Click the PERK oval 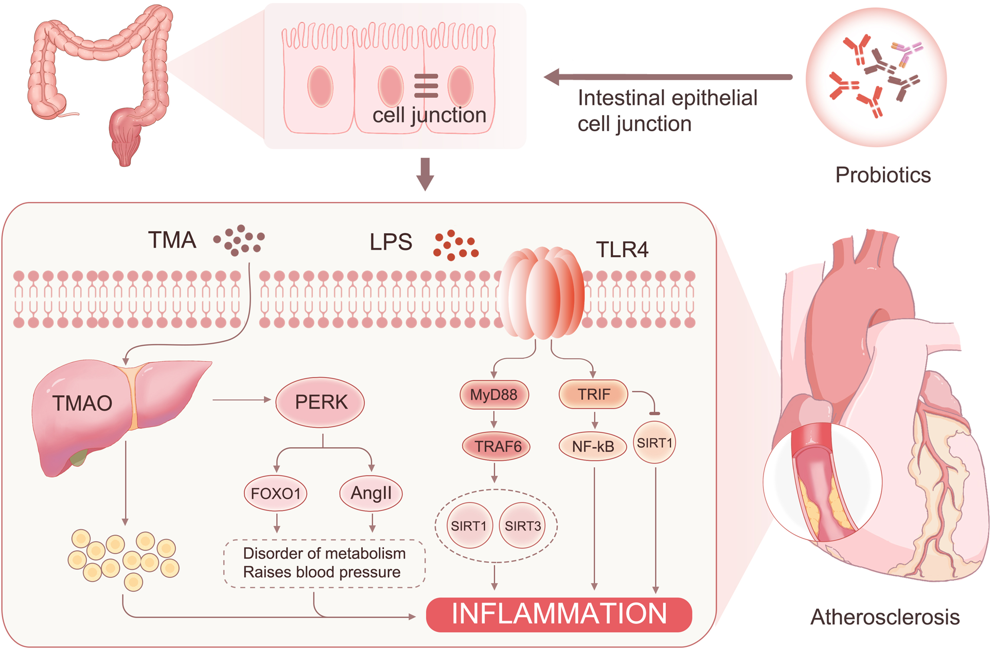(x=320, y=402)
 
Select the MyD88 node (x=494, y=395)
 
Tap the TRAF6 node (x=496, y=446)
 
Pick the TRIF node (x=593, y=394)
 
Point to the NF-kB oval (x=593, y=446)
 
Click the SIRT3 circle (x=523, y=525)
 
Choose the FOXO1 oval (x=276, y=493)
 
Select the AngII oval (x=371, y=493)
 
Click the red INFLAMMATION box (x=559, y=614)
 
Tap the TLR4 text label (x=622, y=250)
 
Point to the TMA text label (x=172, y=240)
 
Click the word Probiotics (x=883, y=175)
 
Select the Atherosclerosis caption (x=885, y=617)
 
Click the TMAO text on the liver (x=82, y=403)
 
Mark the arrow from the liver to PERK (x=241, y=400)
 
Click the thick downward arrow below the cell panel (x=425, y=174)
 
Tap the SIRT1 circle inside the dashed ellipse (x=469, y=525)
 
